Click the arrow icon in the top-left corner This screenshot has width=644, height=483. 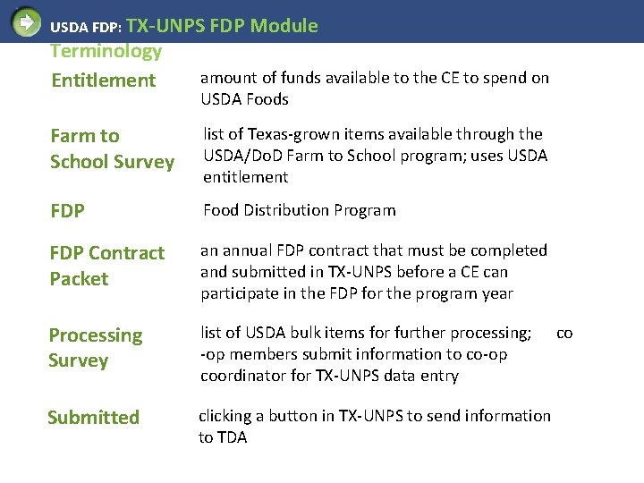coord(26,21)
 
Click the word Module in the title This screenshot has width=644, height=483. coord(284,26)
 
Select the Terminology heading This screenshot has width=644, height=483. coord(106,52)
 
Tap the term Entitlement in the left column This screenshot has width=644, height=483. coord(103,80)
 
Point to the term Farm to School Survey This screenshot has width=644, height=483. coord(112,148)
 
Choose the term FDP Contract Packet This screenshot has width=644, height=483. coord(107,266)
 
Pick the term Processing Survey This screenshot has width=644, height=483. coord(95,348)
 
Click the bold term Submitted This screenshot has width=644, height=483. coord(93,418)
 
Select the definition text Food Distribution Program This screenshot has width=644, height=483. coord(299,210)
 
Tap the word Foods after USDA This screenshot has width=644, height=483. coord(267,99)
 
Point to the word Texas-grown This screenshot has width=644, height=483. coord(275,134)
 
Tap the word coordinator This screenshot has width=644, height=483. coord(241,376)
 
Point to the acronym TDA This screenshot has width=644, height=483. coord(231,437)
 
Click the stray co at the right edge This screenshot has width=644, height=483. coord(564,333)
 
